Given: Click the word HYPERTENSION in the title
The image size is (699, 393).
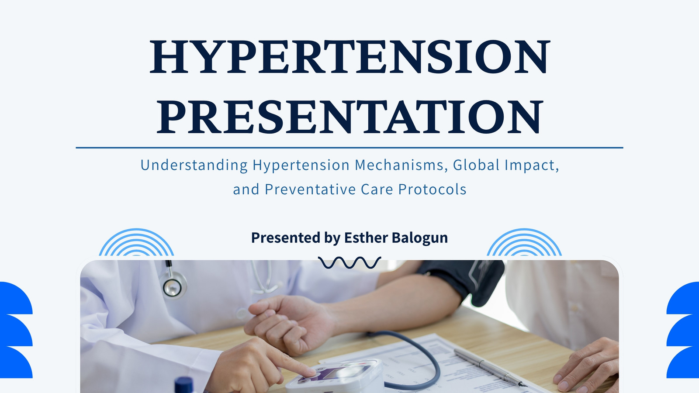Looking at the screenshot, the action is pos(349,57).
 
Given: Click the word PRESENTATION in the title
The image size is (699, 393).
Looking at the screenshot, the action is pos(349,117).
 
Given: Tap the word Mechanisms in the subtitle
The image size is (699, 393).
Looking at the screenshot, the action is pos(399,165).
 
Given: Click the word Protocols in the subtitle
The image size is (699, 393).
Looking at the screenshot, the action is pos(432,190).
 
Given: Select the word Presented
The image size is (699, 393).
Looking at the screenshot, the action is pos(286,238).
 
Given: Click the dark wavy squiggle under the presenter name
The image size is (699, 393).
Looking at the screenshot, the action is pos(349,262).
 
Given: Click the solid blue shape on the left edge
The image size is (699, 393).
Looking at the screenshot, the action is pos(16,330).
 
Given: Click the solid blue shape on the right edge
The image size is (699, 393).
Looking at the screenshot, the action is pos(683,330).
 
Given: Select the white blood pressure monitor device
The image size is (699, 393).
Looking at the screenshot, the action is pos(336,377).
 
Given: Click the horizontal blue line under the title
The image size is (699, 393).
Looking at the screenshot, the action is pos(349,148).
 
